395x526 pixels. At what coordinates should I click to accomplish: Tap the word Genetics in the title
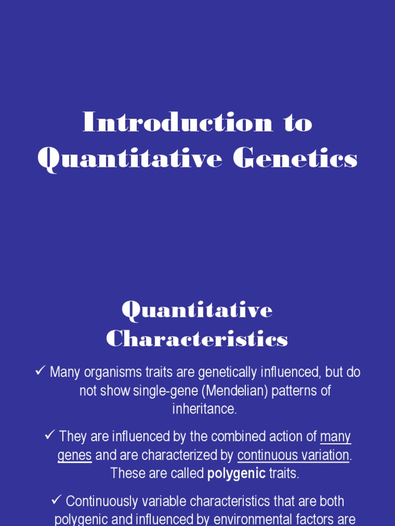(295, 158)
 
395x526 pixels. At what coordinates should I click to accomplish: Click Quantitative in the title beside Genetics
(130, 158)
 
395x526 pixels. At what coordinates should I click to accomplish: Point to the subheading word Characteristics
(197, 339)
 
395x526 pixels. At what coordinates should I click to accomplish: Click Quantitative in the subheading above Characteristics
(197, 310)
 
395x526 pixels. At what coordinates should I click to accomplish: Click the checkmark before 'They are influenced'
(50, 436)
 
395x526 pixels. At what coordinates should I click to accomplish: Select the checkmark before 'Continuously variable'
(57, 500)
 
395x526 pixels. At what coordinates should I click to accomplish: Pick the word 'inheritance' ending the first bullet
(204, 409)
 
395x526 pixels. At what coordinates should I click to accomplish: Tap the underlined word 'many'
(335, 437)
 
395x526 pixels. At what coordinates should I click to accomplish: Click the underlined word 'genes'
(75, 455)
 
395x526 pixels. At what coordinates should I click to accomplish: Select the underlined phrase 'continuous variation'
(293, 455)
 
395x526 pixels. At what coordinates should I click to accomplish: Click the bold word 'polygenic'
(236, 474)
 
